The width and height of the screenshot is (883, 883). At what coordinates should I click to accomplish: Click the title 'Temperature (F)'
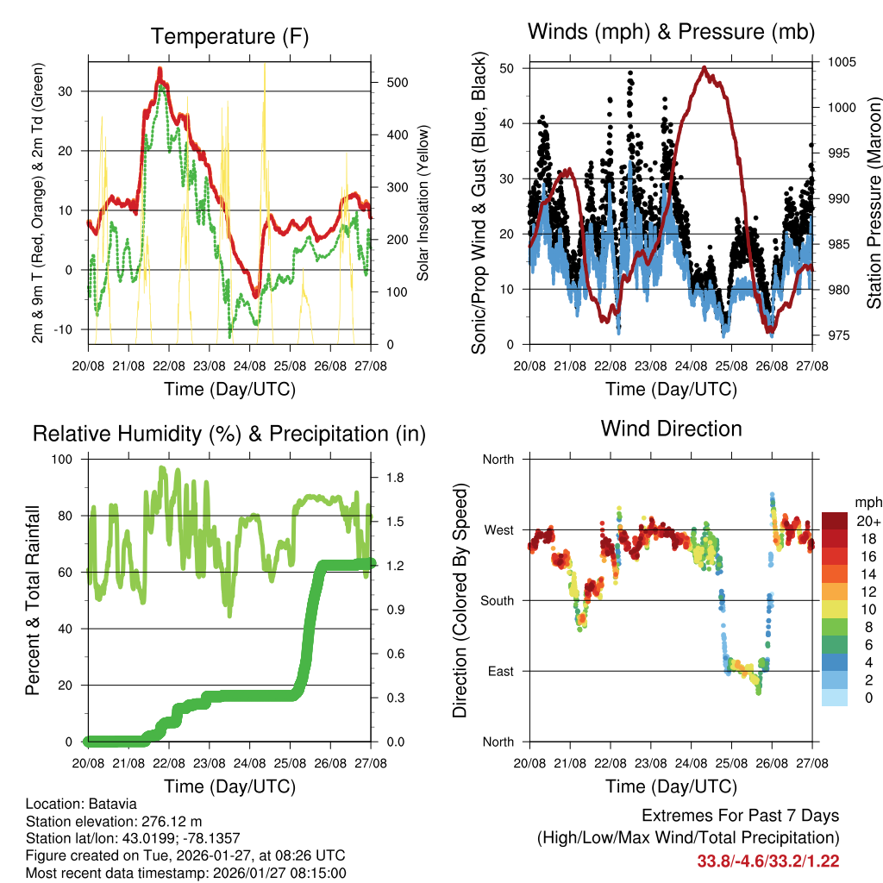click(x=229, y=37)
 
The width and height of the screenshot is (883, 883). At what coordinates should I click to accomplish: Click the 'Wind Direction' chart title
click(x=671, y=429)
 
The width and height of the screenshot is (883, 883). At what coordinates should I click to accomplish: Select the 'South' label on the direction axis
click(x=498, y=600)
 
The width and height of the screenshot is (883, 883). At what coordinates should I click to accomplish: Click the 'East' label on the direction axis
click(x=501, y=671)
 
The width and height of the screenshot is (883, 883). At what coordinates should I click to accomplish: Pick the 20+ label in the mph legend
click(x=868, y=521)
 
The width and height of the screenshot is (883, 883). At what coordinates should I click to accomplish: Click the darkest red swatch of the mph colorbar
click(x=835, y=521)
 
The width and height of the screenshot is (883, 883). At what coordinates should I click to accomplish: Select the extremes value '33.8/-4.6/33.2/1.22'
click(x=768, y=861)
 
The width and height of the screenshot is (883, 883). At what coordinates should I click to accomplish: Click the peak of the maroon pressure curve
click(x=705, y=67)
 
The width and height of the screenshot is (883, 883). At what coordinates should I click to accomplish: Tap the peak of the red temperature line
click(x=160, y=69)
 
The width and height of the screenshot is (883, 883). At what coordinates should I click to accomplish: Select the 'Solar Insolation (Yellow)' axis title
click(x=423, y=204)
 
